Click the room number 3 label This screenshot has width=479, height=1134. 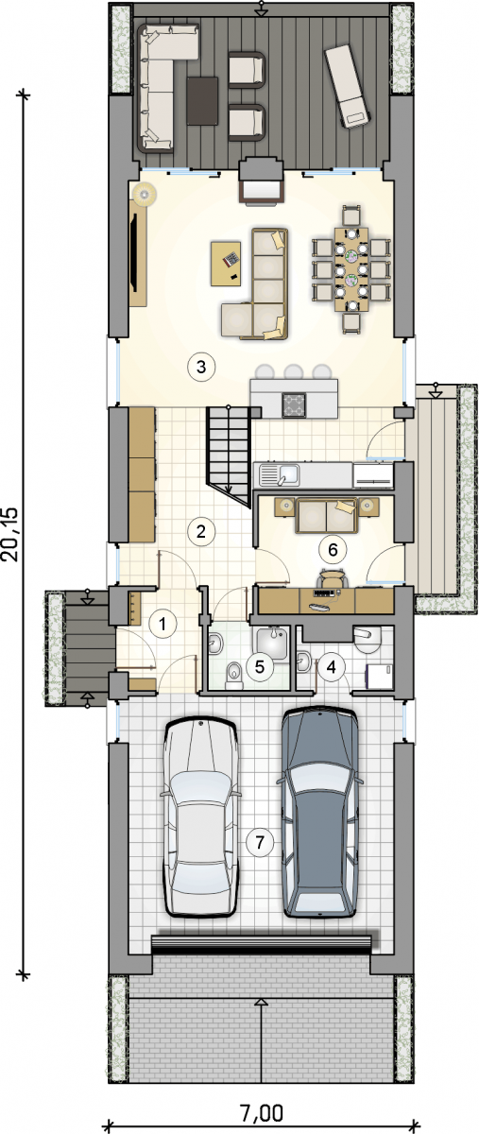pos(201,366)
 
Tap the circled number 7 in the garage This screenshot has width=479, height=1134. pos(260,842)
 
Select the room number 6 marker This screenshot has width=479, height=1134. pos(333,549)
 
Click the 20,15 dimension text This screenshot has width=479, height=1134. pos(11,535)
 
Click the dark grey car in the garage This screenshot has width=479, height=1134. pos(319,813)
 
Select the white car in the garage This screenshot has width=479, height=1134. pos(201,817)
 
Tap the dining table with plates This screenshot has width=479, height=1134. pos(351,269)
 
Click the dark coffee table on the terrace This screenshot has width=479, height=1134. pos(202,100)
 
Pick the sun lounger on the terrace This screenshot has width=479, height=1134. pos(349,86)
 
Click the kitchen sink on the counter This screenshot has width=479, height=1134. pos(280,474)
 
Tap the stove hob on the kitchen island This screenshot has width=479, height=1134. pos(294,405)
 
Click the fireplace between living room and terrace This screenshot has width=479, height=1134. pos(261,181)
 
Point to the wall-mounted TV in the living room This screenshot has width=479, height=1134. pos(135,252)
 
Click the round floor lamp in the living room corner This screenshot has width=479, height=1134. pos(145,194)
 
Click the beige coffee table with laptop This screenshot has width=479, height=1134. pos(227,264)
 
